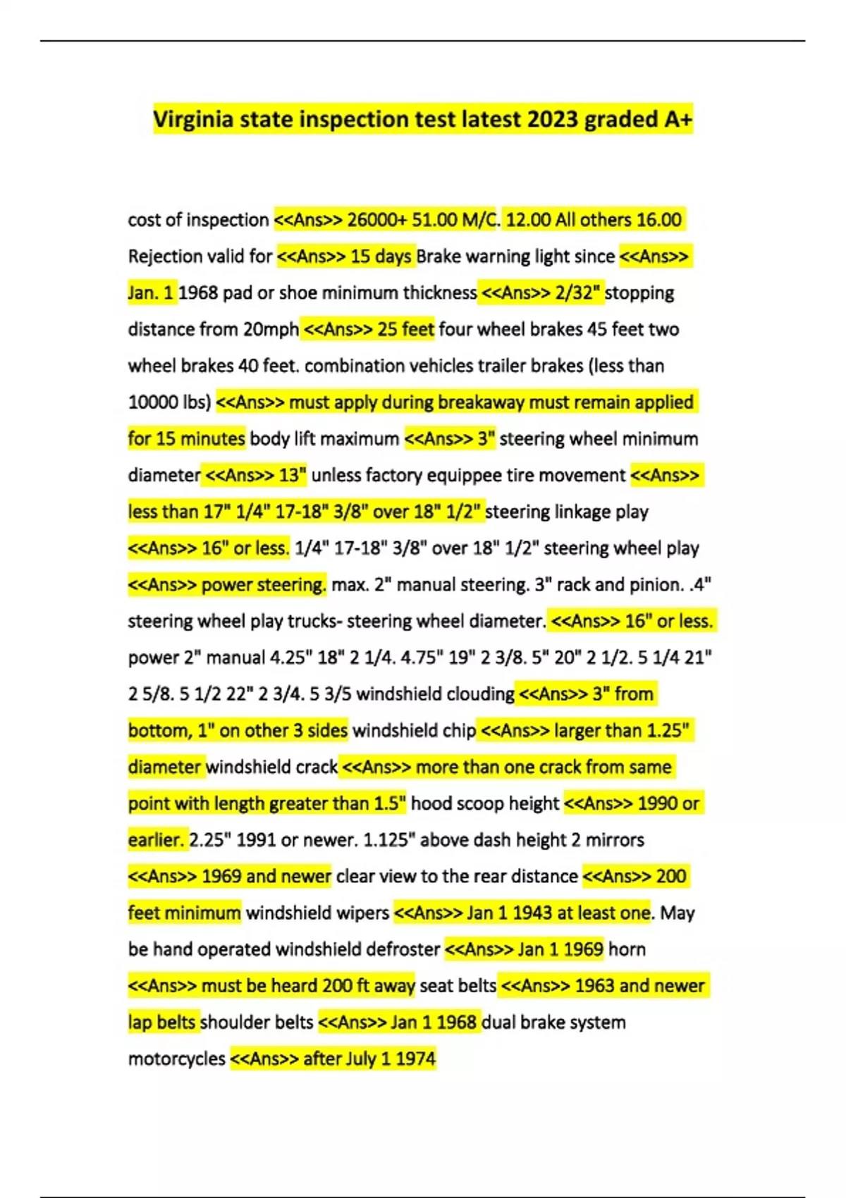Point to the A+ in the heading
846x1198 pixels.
678,119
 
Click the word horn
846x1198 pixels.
627,949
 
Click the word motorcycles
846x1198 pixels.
176,1058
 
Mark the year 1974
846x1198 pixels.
416,1058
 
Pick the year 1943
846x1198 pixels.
532,913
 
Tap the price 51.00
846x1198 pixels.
434,220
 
